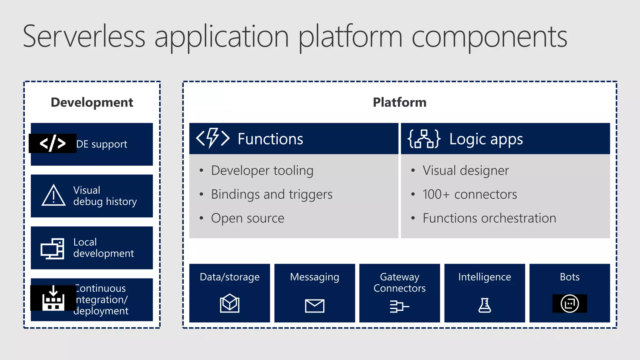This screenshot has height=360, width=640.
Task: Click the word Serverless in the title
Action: pyautogui.click(x=84, y=37)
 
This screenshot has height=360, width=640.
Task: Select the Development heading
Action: pyautogui.click(x=92, y=102)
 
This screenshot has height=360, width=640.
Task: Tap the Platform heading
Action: pyautogui.click(x=399, y=102)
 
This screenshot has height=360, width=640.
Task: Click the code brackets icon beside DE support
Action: pyautogui.click(x=52, y=143)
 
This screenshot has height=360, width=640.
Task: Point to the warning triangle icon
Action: pyautogui.click(x=53, y=196)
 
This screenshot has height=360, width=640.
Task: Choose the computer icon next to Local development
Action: pyautogui.click(x=52, y=249)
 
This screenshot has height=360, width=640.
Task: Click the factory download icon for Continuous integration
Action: pyautogui.click(x=53, y=298)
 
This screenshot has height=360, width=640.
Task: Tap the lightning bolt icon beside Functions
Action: pyautogui.click(x=213, y=138)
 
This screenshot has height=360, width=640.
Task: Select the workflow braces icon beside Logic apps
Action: pyautogui.click(x=424, y=138)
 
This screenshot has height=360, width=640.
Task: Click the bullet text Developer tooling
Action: pyautogui.click(x=262, y=171)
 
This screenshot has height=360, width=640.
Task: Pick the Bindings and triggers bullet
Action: pyautogui.click(x=272, y=194)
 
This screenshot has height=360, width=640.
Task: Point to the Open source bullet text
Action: pyautogui.click(x=247, y=218)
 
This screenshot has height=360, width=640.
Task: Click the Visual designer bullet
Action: pyautogui.click(x=466, y=171)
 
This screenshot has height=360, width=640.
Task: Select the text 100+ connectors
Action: pyautogui.click(x=470, y=194)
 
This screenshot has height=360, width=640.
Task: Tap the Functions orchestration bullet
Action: pyautogui.click(x=489, y=218)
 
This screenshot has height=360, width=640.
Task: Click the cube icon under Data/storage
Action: pyautogui.click(x=230, y=303)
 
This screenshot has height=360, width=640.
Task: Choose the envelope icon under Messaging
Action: pyautogui.click(x=315, y=306)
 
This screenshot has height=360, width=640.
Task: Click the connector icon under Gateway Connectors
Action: pyautogui.click(x=399, y=306)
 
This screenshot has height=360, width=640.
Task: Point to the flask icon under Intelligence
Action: pyautogui.click(x=485, y=305)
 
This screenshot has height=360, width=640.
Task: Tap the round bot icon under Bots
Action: pyautogui.click(x=570, y=303)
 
